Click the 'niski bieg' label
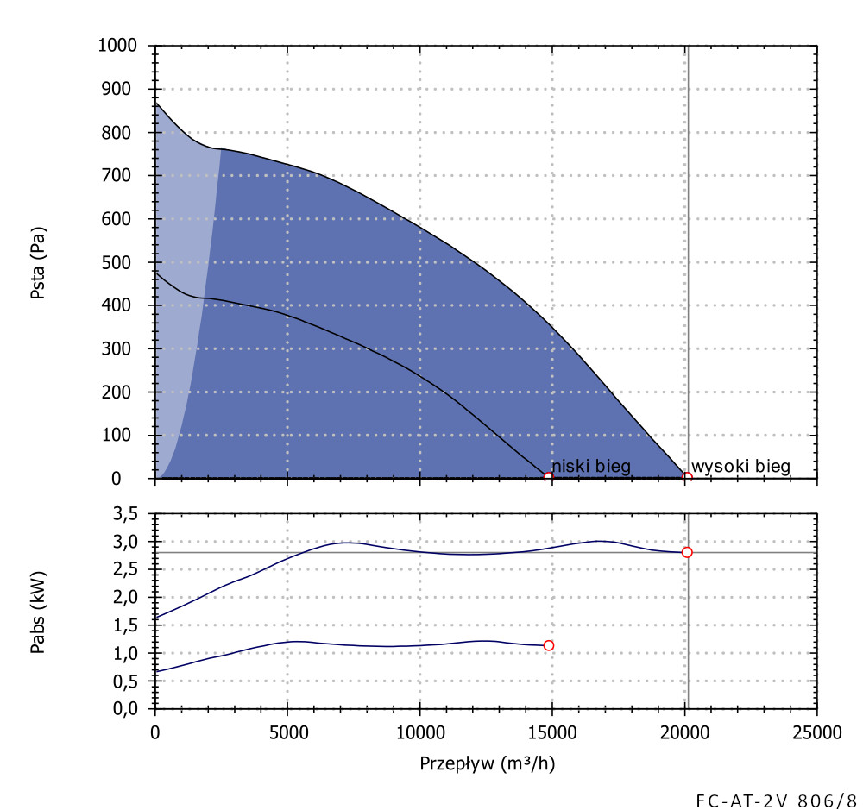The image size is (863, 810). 591,467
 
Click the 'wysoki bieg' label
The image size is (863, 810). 740,467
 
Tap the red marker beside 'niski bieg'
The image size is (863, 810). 548,477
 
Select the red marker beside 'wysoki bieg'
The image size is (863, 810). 687,477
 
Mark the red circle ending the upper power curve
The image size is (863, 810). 687,552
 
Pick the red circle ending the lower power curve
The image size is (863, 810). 548,645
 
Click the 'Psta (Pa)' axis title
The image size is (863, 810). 39,262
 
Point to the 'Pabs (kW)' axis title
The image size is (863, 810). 39,611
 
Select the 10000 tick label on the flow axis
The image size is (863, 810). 419,733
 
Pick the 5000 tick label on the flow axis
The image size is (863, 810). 287,733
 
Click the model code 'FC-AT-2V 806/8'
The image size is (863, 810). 776,799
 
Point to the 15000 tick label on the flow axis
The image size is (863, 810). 551,733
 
